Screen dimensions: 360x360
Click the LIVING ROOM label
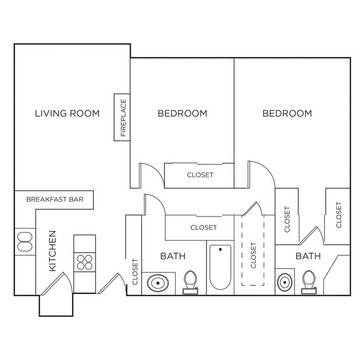[x=67, y=114]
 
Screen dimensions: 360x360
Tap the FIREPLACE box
[x=122, y=117]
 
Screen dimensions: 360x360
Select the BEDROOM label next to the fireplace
[x=182, y=114]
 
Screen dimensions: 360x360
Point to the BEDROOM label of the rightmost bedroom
[x=287, y=114]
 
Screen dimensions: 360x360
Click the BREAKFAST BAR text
[x=55, y=199]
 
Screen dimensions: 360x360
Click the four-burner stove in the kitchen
[x=85, y=261]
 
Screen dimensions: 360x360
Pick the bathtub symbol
[x=220, y=268]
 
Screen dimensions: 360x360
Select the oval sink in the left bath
[x=158, y=283]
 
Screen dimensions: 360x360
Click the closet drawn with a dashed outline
[x=254, y=255]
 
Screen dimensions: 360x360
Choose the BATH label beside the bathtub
[x=173, y=256]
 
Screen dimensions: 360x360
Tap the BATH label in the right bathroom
[x=307, y=256]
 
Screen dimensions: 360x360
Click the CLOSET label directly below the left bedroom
[x=200, y=175]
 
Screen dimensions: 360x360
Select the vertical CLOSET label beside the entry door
[x=135, y=272]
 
